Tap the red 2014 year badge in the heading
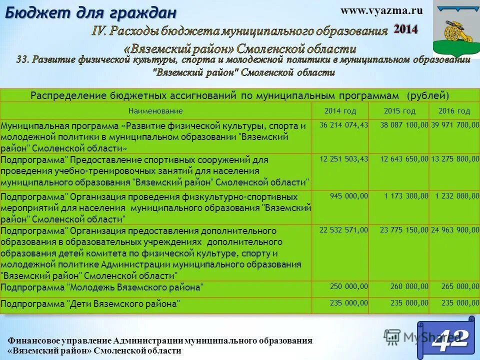(405, 29)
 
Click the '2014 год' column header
(340, 111)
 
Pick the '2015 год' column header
(399, 111)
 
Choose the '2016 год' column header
(454, 111)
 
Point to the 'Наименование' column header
(155, 111)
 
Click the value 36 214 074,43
(343, 125)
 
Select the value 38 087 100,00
(404, 125)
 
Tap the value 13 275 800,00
(455, 159)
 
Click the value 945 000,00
(349, 196)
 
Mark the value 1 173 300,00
(406, 196)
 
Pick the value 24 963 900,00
(455, 230)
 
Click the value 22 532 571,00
(343, 230)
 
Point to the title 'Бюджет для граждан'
(91, 12)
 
